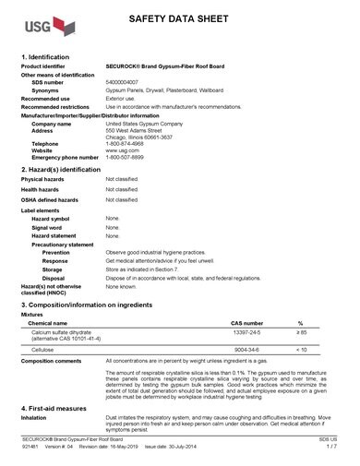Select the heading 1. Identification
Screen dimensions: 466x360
[x=51, y=57]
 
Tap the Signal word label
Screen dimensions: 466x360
[x=47, y=227]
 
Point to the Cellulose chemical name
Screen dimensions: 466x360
[x=41, y=350]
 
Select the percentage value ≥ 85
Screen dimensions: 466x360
[x=300, y=331]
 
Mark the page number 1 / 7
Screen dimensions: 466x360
[x=330, y=458]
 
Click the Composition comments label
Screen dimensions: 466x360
[x=52, y=361]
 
